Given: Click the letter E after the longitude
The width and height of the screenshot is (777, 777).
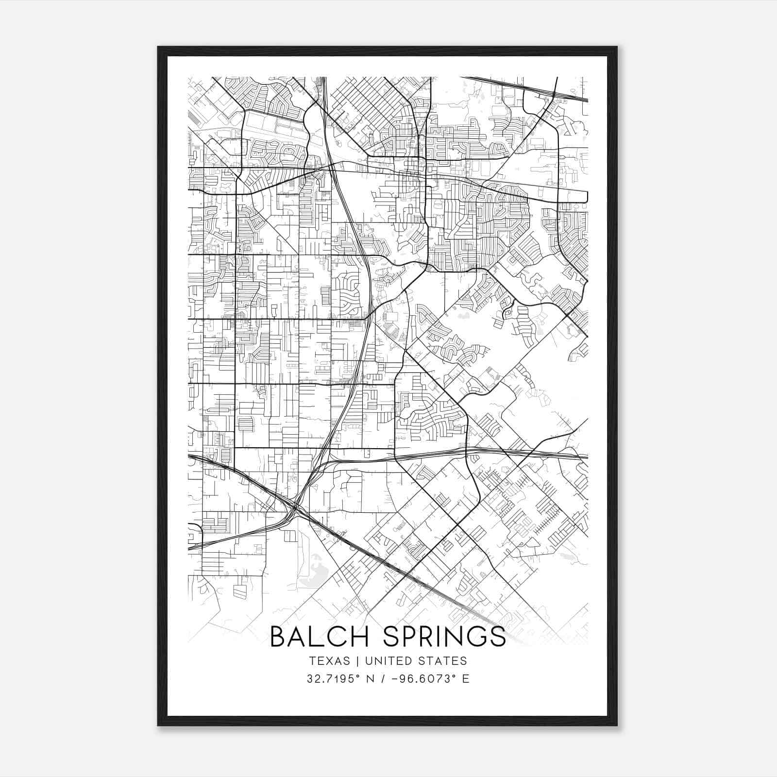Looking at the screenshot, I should click(466, 679).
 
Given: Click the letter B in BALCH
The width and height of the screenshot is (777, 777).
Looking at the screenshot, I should click(279, 637).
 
